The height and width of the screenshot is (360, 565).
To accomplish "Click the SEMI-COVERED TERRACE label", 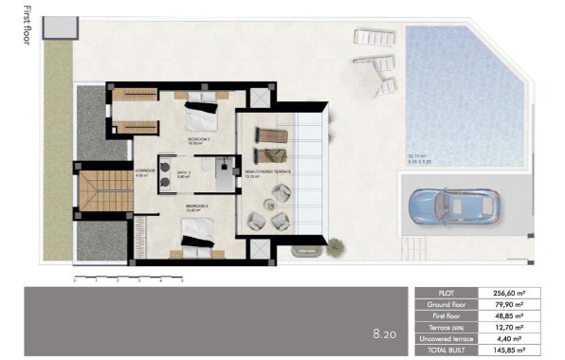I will click(x=268, y=172).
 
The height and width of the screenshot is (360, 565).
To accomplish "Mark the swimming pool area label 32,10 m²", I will click(x=417, y=155).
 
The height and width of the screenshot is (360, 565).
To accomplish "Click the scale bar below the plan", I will click(x=127, y=278).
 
